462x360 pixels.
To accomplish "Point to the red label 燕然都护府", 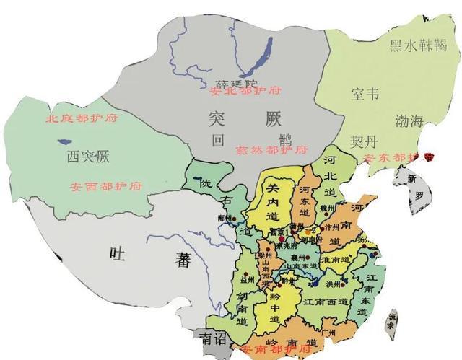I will click(x=271, y=151).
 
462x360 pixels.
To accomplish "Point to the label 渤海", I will click(x=409, y=120).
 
